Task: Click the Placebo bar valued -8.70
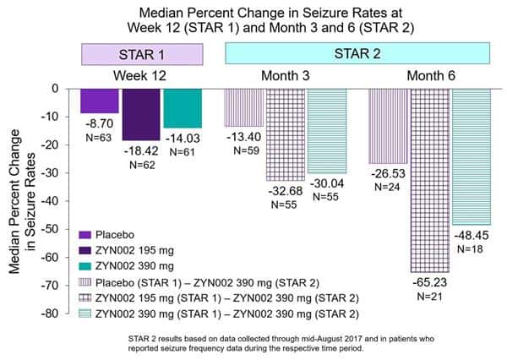tap(99, 100)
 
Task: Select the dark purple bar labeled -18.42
tap(140, 113)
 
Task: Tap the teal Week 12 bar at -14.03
tap(183, 107)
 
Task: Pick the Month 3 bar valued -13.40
tap(243, 106)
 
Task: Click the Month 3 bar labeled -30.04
tap(326, 130)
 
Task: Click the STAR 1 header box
tap(141, 53)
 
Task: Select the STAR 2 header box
tap(357, 53)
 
